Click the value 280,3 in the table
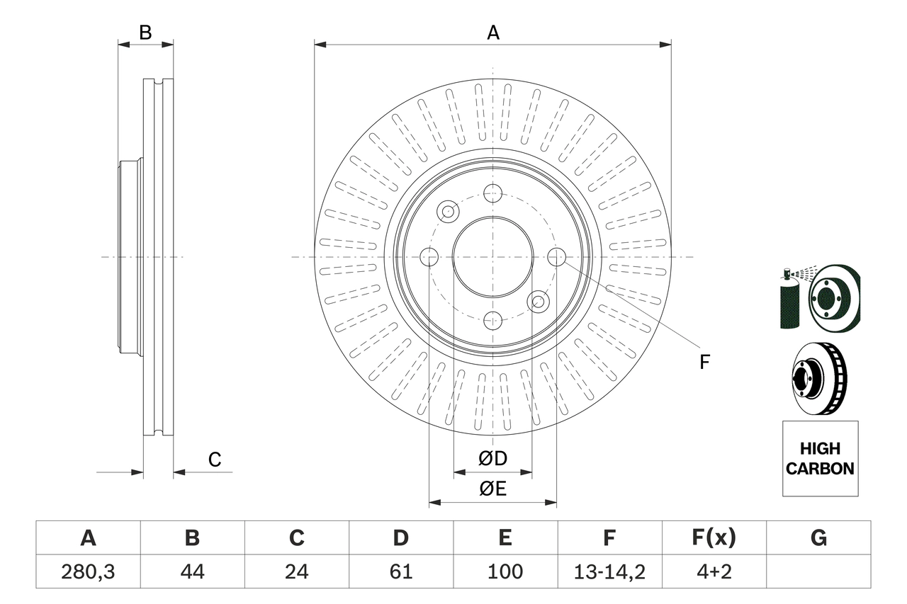[x=88, y=571]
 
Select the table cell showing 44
[x=192, y=571]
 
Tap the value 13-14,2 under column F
[x=609, y=571]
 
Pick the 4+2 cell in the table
[x=714, y=571]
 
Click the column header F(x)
[x=714, y=539]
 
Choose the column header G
[x=818, y=539]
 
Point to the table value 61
[x=400, y=571]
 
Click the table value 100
[x=505, y=571]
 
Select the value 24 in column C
[x=296, y=571]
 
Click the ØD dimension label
[x=493, y=459]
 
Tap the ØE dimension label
[x=493, y=489]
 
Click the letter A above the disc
[x=493, y=33]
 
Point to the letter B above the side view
[x=145, y=33]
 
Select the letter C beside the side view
[x=215, y=460]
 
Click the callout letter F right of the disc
[x=704, y=363]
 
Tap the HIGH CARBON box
[x=820, y=459]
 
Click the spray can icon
[x=789, y=300]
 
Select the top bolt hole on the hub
[x=492, y=193]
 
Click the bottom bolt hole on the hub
[x=492, y=321]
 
